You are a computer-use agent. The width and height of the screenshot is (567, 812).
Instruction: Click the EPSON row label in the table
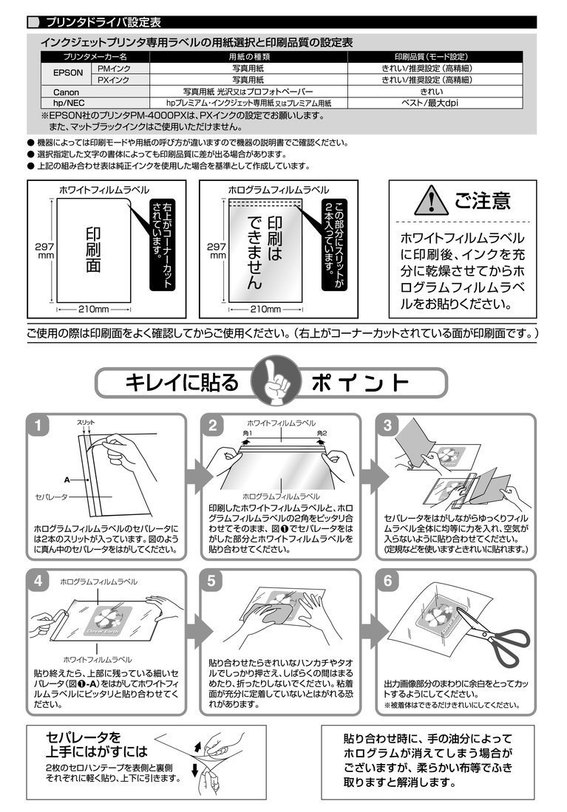(x=67, y=73)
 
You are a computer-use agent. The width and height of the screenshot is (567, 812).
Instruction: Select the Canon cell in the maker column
(x=67, y=92)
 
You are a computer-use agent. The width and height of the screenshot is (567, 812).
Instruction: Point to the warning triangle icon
(x=431, y=200)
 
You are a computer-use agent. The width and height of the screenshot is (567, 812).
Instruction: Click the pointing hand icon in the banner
(x=276, y=381)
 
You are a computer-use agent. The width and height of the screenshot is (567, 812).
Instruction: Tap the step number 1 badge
(x=38, y=426)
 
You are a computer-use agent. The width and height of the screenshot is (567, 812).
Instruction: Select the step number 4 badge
(x=38, y=581)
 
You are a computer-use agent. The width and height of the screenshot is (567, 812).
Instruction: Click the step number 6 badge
(x=388, y=581)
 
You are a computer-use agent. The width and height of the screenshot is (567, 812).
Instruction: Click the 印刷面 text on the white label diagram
(x=93, y=249)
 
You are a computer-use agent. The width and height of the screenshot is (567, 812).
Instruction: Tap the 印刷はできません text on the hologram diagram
(x=265, y=252)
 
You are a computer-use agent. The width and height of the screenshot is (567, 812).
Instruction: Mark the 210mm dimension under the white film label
(x=94, y=309)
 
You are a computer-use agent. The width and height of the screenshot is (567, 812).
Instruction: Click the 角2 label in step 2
(x=322, y=433)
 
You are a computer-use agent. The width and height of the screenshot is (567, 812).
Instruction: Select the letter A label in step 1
(x=67, y=480)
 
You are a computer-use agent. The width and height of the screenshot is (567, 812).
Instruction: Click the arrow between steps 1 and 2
(x=197, y=476)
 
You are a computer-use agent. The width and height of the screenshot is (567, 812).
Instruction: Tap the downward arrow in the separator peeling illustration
(x=195, y=770)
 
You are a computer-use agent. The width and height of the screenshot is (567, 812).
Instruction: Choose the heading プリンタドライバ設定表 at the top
(x=103, y=22)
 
